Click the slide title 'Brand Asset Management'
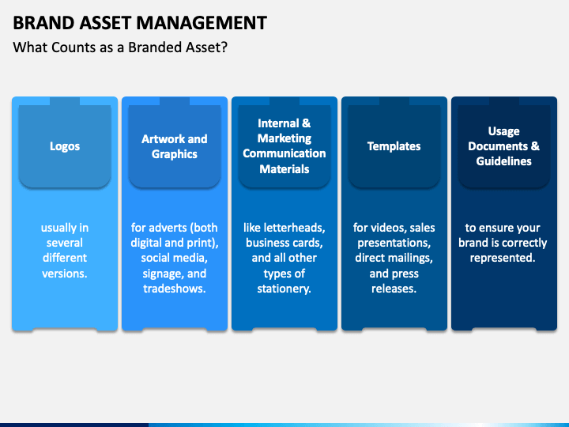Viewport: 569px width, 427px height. coord(140,22)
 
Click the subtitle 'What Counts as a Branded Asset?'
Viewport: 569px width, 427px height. coord(121,47)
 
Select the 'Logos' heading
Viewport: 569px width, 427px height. coord(65,146)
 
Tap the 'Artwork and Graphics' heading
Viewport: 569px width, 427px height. coord(175,146)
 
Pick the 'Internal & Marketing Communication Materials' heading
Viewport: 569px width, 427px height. coord(284,146)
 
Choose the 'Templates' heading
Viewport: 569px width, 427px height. coord(394,146)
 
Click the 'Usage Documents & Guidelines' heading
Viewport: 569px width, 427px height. coord(503,146)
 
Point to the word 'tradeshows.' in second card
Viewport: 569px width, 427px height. coord(175,289)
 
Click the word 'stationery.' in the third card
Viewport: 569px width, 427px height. coord(284,289)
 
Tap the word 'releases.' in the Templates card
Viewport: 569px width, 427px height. coord(394,289)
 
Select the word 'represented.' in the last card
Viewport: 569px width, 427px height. coord(503,258)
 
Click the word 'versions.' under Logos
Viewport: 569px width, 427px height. coord(65,274)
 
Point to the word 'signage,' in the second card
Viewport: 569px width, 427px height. coord(162,274)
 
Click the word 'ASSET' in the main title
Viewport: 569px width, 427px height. coord(116,22)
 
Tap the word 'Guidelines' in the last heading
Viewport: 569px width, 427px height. coord(503,161)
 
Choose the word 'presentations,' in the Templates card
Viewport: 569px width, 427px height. coord(394,243)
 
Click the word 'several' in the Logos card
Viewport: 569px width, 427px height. coord(65,243)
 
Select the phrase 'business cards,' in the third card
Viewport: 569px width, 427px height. coord(284,243)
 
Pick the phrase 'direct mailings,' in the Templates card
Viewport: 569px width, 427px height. coord(394,258)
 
